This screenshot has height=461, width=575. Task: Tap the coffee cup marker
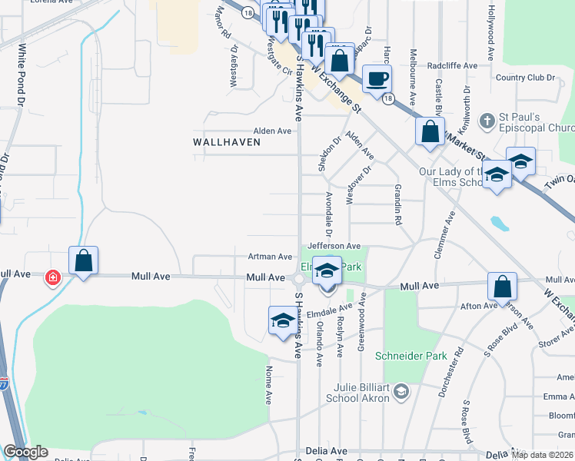(377, 79)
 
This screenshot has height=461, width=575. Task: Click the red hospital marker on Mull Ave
(53, 277)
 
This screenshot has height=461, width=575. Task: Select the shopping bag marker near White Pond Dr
(84, 260)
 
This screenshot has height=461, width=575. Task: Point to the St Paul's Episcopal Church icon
(486, 121)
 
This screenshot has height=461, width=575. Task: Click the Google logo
(25, 452)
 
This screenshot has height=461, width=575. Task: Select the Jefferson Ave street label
(334, 246)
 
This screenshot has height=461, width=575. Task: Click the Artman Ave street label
(270, 257)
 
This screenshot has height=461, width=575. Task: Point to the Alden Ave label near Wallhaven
(273, 131)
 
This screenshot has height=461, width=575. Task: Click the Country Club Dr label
(525, 78)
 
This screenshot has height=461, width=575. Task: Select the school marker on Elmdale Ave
(282, 321)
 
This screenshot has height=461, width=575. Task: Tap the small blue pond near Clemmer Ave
(500, 224)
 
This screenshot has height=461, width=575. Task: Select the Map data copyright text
(541, 455)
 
